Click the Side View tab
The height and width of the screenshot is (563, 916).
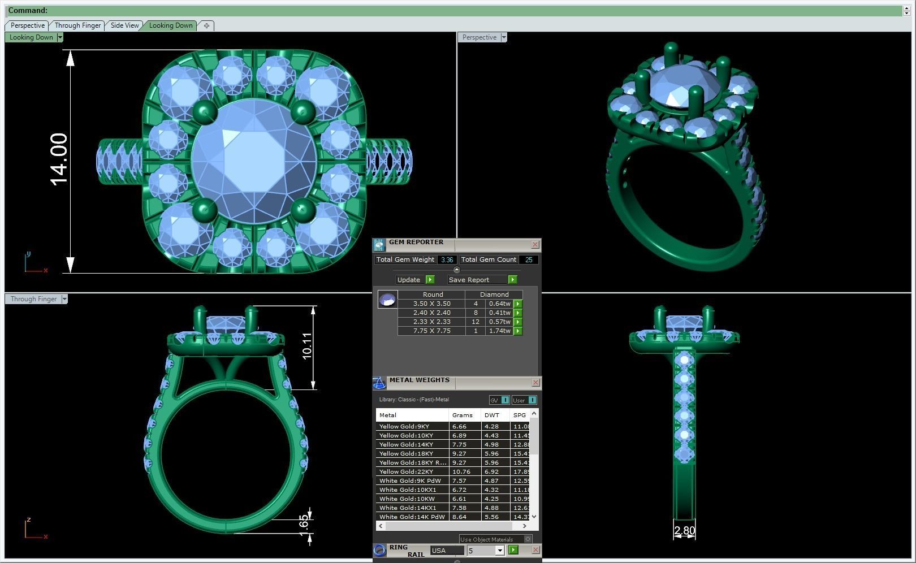(x=124, y=25)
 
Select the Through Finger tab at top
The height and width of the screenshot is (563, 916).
(x=77, y=25)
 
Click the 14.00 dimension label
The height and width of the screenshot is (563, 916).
(x=59, y=159)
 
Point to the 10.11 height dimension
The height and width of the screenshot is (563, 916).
(x=307, y=346)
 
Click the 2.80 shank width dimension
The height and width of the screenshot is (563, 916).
(x=684, y=530)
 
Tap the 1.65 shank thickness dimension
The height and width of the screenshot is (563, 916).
(x=304, y=522)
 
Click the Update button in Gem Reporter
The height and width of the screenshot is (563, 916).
(x=409, y=280)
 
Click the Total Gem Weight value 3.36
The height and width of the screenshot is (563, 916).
(x=447, y=260)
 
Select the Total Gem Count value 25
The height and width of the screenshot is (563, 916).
(x=529, y=260)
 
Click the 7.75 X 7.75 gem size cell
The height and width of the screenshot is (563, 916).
(x=431, y=331)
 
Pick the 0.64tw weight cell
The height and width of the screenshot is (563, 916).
(x=499, y=304)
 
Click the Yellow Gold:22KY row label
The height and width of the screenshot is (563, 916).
(x=406, y=471)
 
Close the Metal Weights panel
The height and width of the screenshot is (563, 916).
(x=535, y=383)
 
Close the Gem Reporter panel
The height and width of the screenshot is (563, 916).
(x=535, y=245)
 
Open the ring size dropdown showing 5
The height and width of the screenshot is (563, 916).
(x=499, y=551)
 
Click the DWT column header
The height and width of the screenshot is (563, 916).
(x=491, y=415)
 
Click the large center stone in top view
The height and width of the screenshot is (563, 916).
(x=254, y=161)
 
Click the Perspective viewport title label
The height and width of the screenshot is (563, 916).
(x=479, y=37)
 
